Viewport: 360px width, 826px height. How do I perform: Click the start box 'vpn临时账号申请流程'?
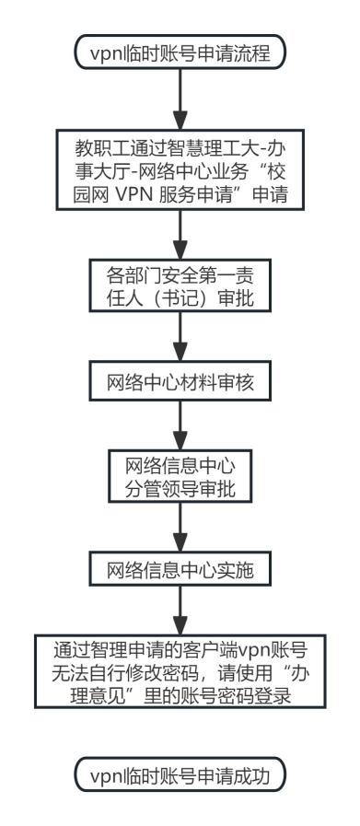coord(180,52)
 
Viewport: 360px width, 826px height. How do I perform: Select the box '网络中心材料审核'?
coord(180,381)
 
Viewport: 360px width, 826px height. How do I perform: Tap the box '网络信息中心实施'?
coord(180,569)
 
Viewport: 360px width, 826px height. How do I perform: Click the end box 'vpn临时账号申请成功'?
coord(180,774)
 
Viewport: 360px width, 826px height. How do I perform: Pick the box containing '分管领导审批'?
coord(180,476)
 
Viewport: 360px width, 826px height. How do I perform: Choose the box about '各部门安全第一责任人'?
coord(180,285)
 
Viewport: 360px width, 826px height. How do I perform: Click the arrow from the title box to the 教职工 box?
coord(180,99)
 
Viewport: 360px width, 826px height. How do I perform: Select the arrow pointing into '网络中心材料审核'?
coord(180,337)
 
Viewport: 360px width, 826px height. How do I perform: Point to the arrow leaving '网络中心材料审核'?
coord(180,425)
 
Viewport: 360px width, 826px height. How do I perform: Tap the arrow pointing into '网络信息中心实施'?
coord(180,527)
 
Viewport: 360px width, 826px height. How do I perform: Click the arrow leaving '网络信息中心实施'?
coord(180,611)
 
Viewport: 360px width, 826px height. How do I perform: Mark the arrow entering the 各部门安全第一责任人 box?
coord(180,235)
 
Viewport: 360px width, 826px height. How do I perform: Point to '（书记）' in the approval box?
coord(180,298)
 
